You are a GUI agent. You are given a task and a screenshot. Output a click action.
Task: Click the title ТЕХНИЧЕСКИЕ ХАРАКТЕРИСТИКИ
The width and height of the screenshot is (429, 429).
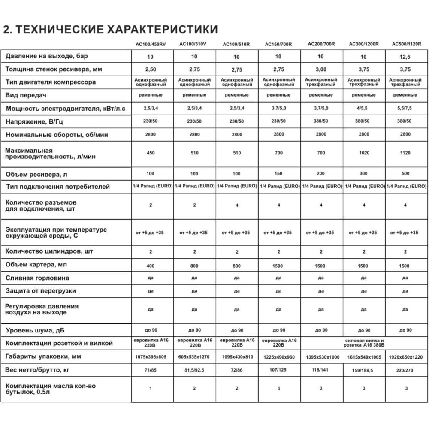(x=110, y=29)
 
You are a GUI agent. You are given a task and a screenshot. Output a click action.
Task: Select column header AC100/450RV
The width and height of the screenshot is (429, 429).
(x=151, y=44)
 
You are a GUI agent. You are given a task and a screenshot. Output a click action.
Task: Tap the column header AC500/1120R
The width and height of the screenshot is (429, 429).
(x=406, y=44)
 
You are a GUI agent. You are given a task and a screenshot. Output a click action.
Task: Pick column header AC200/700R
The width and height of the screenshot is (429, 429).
(x=321, y=44)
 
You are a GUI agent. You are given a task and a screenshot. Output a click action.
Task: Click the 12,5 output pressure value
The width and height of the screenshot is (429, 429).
(x=405, y=57)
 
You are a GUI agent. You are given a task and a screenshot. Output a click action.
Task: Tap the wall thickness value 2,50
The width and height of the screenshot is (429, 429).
(x=151, y=69)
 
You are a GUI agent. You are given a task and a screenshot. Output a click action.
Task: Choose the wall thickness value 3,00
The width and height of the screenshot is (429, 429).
(x=321, y=69)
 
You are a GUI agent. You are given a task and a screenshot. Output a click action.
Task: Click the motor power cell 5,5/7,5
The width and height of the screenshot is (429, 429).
(x=405, y=108)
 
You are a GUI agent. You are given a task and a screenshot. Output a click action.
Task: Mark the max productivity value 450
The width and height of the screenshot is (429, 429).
(x=151, y=153)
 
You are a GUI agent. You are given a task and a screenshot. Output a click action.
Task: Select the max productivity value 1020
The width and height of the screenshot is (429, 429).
(x=364, y=153)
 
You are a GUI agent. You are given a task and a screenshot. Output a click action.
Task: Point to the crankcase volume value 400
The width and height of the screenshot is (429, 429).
(x=151, y=266)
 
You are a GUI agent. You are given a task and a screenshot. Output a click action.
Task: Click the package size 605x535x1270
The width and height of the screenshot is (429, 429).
(x=194, y=357)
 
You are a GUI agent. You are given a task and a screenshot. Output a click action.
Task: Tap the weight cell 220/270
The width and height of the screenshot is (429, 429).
(x=405, y=370)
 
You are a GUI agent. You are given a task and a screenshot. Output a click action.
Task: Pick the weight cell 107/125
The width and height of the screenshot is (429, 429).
(x=279, y=370)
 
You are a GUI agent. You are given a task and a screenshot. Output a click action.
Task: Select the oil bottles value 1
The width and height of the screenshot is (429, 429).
(x=151, y=388)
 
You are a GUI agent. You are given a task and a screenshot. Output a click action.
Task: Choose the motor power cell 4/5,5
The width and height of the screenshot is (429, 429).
(x=364, y=108)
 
